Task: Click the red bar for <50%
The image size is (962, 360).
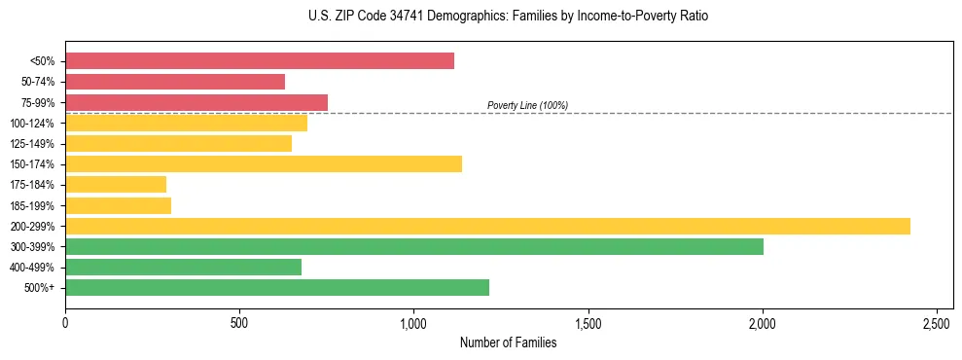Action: click(260, 61)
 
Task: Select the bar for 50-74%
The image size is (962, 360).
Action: click(175, 82)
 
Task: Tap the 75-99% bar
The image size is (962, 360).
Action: click(196, 102)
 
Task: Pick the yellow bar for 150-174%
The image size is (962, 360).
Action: click(264, 163)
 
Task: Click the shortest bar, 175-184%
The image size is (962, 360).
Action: click(116, 184)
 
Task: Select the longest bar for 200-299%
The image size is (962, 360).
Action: click(487, 226)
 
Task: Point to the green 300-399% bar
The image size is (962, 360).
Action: click(414, 246)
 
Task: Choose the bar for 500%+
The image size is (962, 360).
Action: click(277, 287)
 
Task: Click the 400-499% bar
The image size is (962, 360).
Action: click(184, 267)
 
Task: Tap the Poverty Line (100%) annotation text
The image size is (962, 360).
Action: click(527, 105)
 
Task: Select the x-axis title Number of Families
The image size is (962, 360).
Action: click(509, 342)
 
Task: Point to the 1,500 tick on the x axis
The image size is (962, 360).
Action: click(588, 322)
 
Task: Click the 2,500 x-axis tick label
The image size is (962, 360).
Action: click(937, 322)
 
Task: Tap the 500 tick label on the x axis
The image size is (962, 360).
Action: click(239, 322)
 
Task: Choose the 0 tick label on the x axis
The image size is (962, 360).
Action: click(65, 322)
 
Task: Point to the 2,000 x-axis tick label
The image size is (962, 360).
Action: click(763, 322)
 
